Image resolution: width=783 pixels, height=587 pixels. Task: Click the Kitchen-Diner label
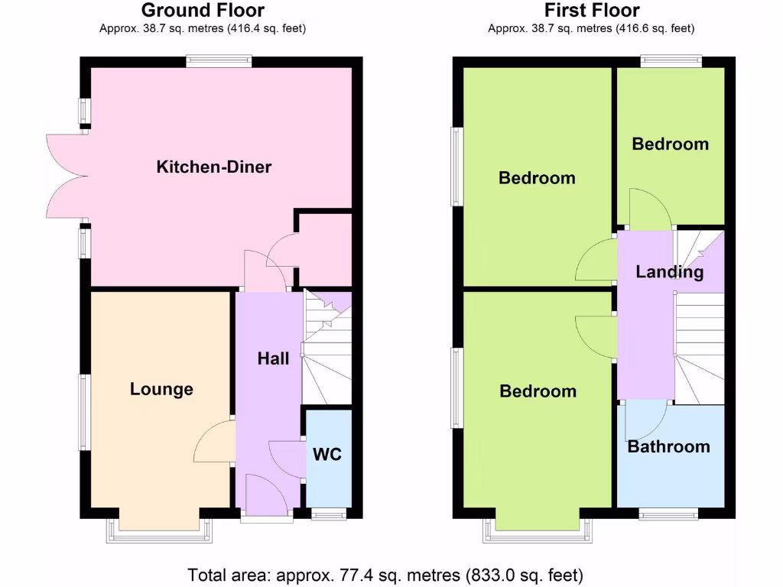pyautogui.click(x=214, y=167)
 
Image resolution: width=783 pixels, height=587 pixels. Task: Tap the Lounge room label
pyautogui.click(x=161, y=389)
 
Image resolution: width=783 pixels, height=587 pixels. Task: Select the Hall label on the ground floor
pyautogui.click(x=273, y=358)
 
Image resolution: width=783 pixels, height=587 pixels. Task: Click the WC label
pyautogui.click(x=327, y=455)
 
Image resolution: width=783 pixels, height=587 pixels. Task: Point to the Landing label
pyautogui.click(x=670, y=272)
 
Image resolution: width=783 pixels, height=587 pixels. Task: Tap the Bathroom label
pyautogui.click(x=668, y=446)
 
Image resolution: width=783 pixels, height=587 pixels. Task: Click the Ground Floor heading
pyautogui.click(x=203, y=11)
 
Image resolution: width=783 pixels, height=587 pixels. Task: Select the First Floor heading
pyautogui.click(x=592, y=11)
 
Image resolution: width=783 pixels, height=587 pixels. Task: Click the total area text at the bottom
pyautogui.click(x=385, y=574)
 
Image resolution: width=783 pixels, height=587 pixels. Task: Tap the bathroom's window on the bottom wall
pyautogui.click(x=668, y=516)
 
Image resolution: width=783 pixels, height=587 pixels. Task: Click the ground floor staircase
pyautogui.click(x=327, y=348)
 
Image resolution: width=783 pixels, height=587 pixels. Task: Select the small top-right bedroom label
pyautogui.click(x=670, y=144)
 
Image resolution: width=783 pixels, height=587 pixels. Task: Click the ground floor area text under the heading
pyautogui.click(x=203, y=29)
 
